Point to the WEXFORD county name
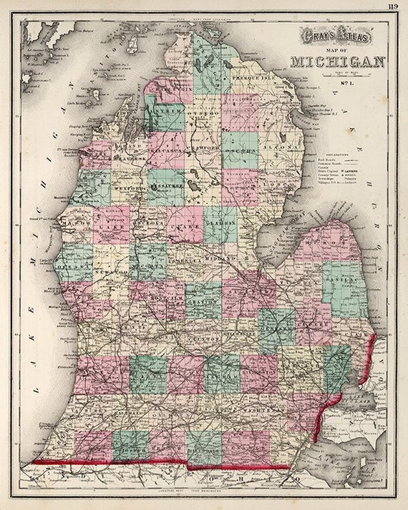pyautogui.click(x=130, y=171)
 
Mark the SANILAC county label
pyautogui.click(x=342, y=281)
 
